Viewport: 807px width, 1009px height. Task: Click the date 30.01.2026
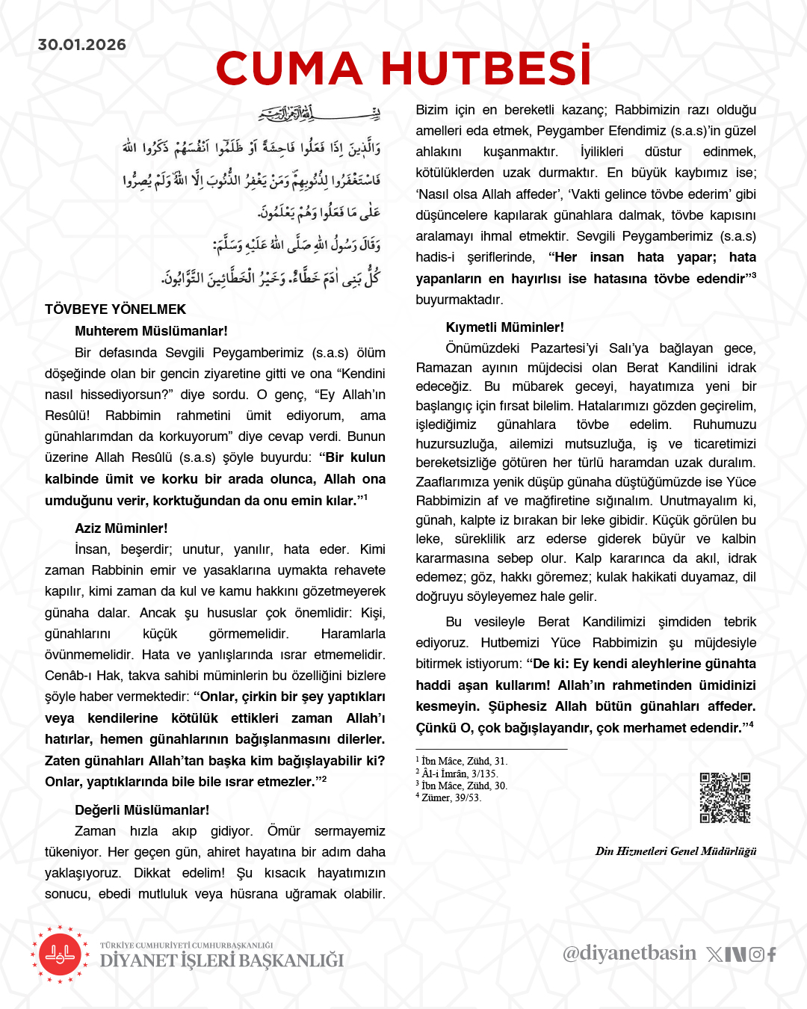pos(82,45)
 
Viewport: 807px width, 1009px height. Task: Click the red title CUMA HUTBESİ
pos(403,69)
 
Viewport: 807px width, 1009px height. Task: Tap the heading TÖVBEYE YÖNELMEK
pos(115,309)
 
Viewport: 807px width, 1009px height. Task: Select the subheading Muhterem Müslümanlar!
pos(151,331)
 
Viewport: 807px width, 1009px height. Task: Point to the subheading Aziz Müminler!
pos(121,528)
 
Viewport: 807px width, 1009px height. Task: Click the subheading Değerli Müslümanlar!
pos(142,810)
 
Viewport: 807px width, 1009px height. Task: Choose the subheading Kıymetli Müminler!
pos(504,327)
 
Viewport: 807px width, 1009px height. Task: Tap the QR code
pos(725,797)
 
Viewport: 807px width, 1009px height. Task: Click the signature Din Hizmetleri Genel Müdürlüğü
pos(675,851)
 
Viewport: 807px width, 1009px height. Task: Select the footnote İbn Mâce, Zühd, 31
pos(463,762)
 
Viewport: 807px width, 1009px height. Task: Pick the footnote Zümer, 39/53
pos(451,798)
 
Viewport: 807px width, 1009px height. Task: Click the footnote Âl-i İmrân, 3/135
pos(459,774)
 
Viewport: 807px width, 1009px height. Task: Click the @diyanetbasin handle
pos(629,953)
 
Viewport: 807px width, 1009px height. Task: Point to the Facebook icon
pos(772,954)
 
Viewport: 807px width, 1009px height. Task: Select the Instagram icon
pos(756,954)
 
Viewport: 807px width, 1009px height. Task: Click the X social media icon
pos(714,954)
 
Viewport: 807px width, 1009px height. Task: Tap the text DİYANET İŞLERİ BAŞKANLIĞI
pos(222,960)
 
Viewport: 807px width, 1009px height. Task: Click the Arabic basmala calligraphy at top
pos(319,114)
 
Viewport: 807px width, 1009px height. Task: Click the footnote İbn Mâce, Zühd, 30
pos(463,786)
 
